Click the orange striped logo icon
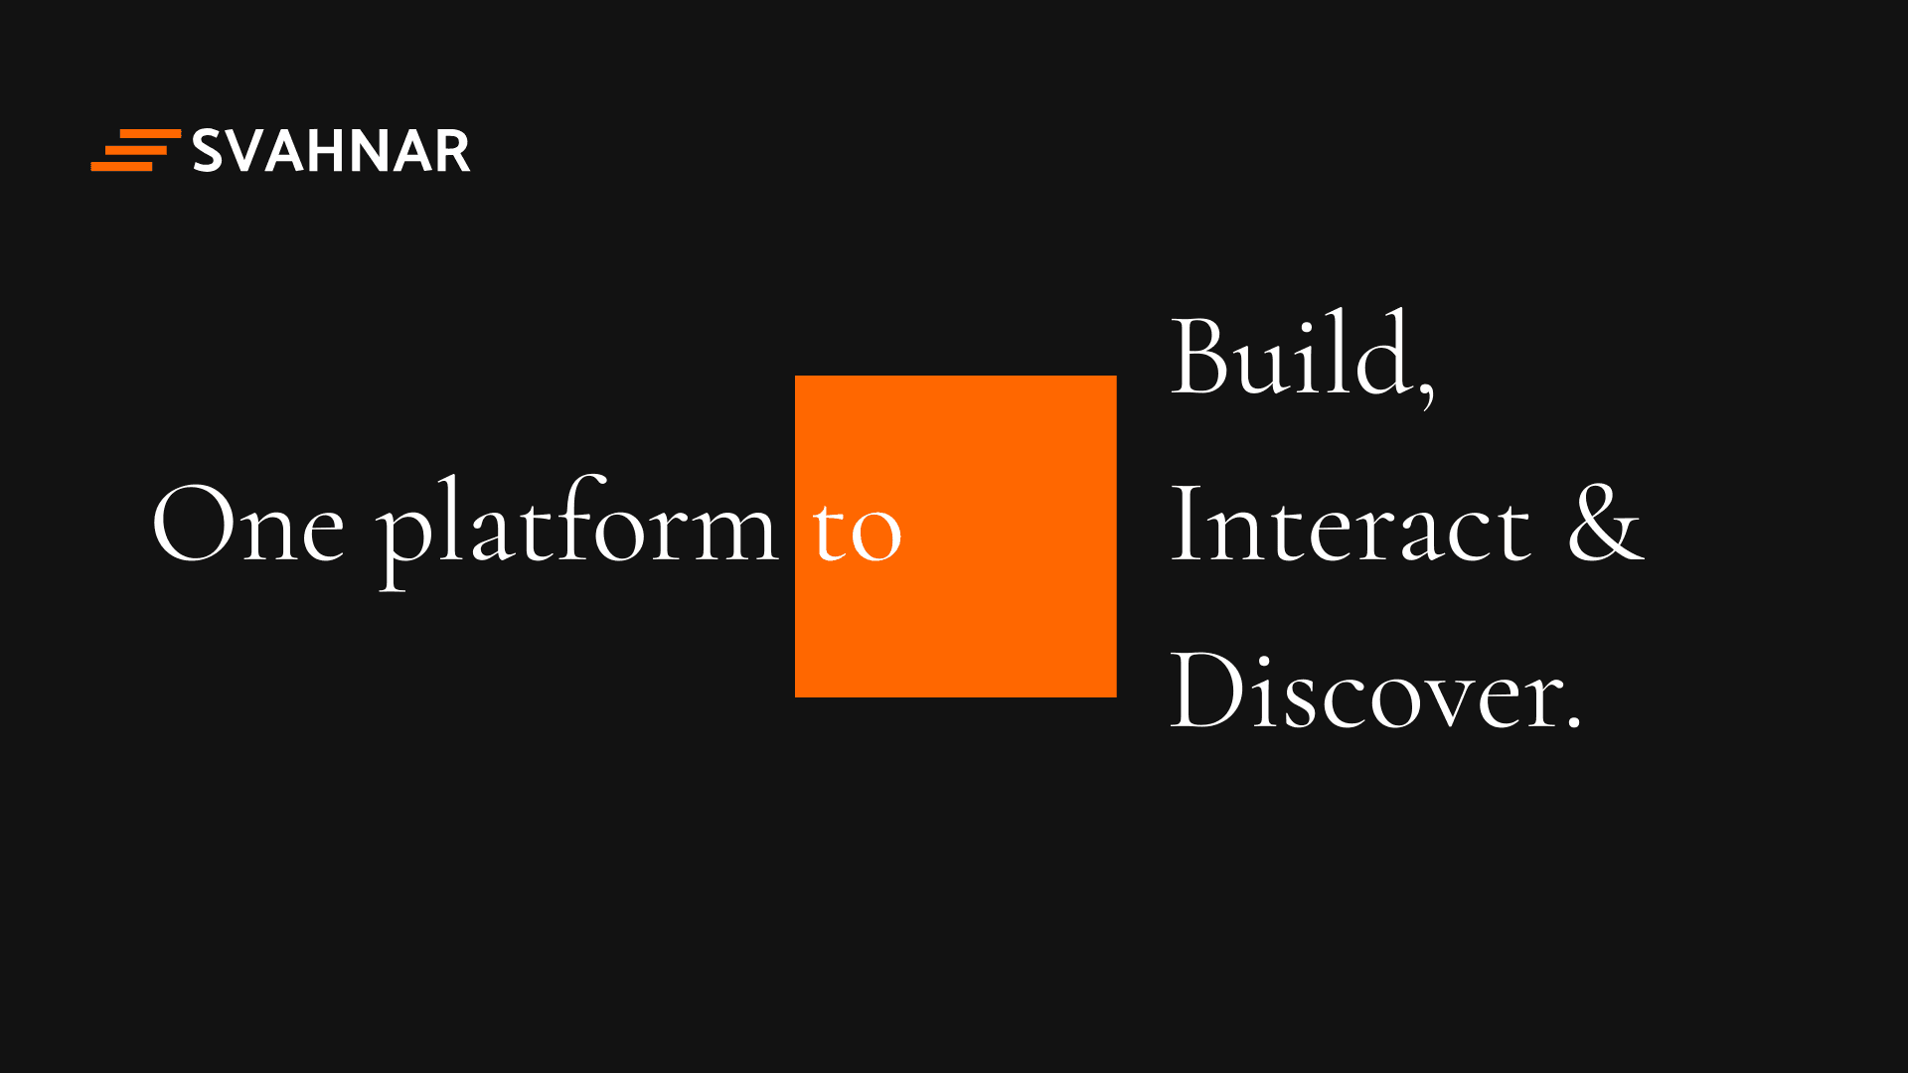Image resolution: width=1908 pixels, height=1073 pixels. [x=136, y=150]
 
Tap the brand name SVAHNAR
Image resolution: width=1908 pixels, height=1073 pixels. [x=331, y=151]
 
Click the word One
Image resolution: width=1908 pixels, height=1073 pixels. [x=248, y=524]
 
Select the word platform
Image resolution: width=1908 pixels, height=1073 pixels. [x=576, y=532]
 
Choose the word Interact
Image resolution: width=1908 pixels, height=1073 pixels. [x=1351, y=524]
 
